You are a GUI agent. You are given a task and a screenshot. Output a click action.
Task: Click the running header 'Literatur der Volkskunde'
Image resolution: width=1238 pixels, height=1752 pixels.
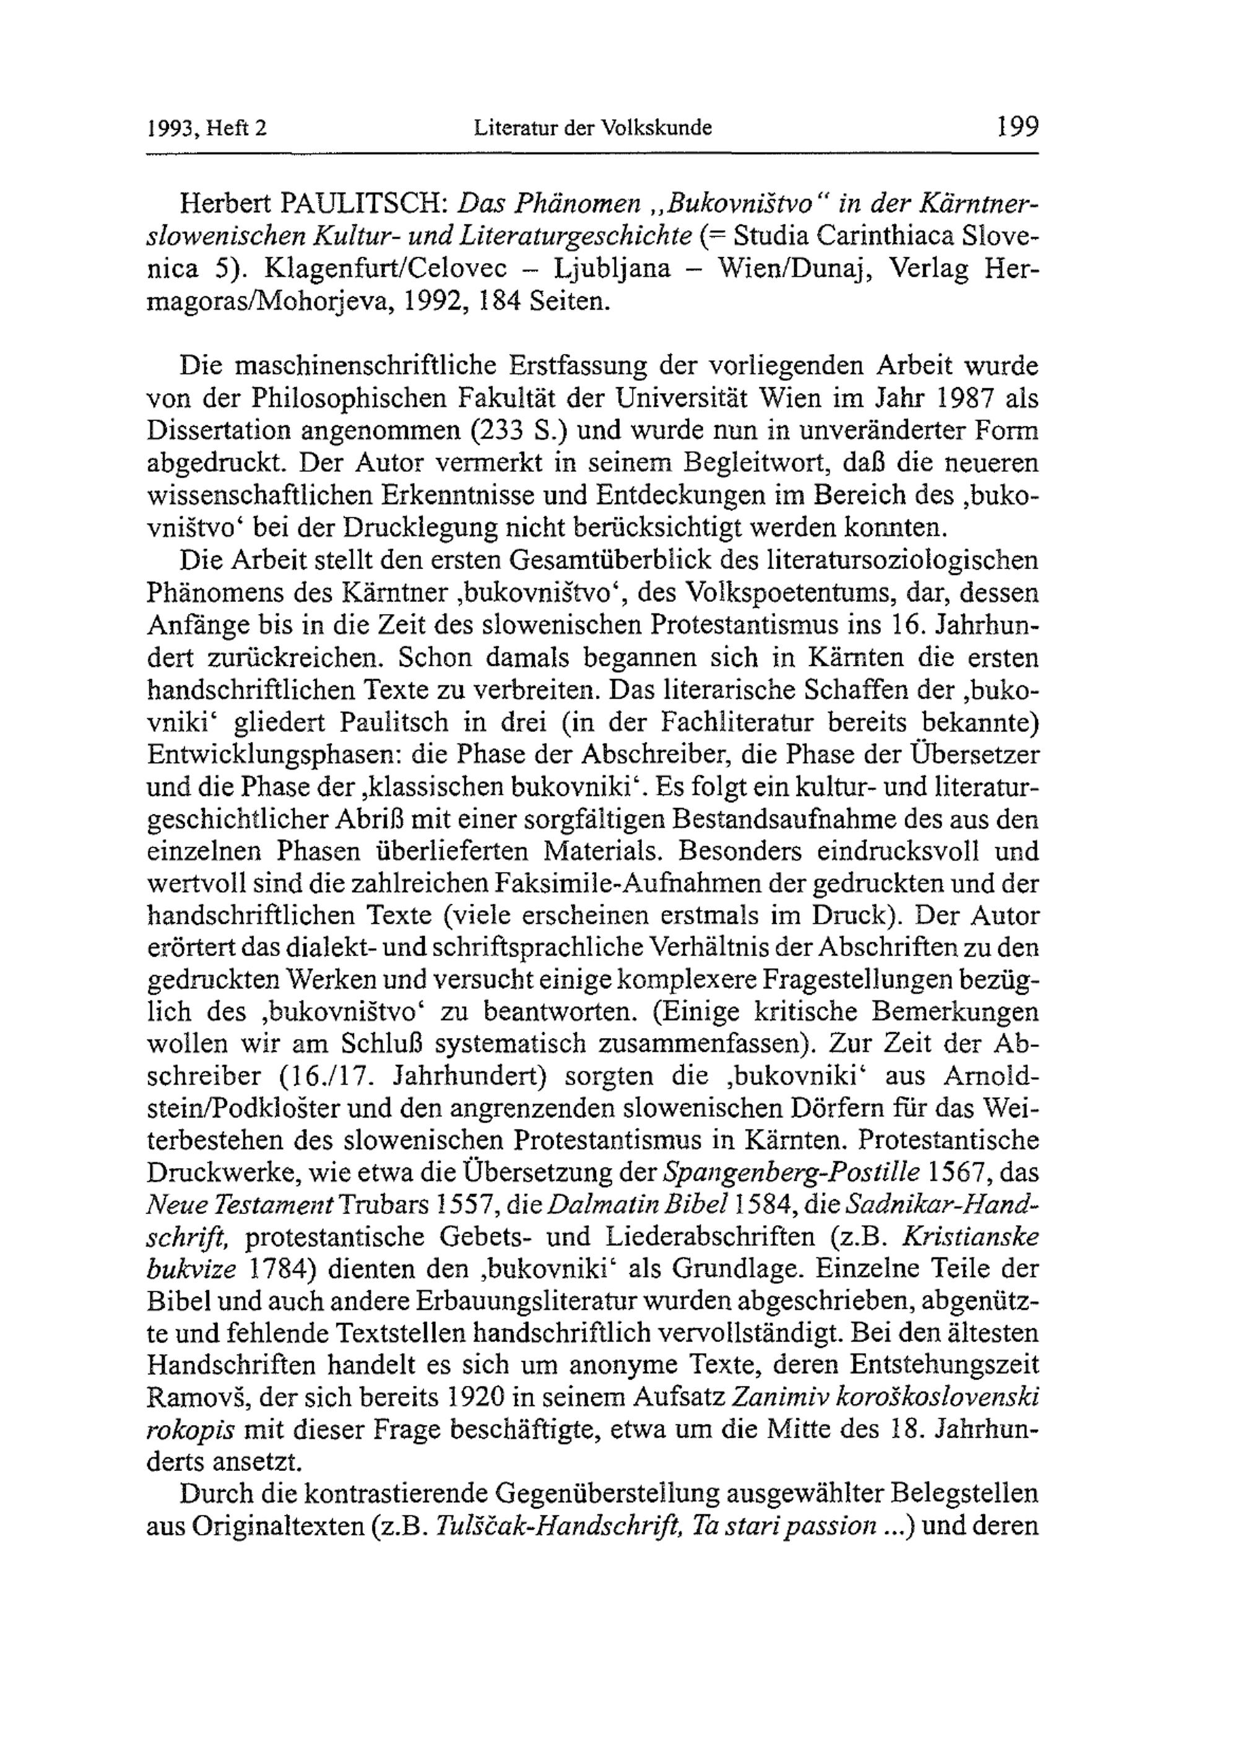(x=592, y=128)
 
